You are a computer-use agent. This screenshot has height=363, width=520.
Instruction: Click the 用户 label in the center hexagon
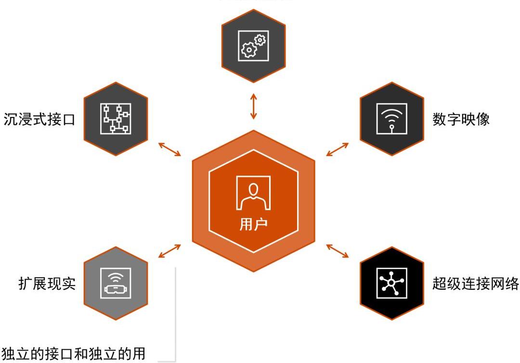[x=253, y=224]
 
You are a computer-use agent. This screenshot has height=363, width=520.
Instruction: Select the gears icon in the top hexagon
[x=253, y=45]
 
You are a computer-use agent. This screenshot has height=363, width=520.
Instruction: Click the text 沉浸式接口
[x=39, y=119]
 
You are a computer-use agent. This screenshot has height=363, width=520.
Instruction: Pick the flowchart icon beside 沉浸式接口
[x=116, y=118]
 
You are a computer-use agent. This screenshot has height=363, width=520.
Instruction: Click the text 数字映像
[x=461, y=119]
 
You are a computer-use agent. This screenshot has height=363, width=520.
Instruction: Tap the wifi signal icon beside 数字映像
[x=391, y=118]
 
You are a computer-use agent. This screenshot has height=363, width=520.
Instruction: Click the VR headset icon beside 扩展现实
[x=116, y=284]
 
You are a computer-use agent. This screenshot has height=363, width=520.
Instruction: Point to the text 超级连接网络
[x=476, y=284]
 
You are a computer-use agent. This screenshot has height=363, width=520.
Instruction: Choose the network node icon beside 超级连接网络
[x=391, y=283]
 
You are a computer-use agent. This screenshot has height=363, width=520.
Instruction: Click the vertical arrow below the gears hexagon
[x=254, y=107]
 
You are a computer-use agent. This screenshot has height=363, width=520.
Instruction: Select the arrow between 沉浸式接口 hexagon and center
[x=169, y=149]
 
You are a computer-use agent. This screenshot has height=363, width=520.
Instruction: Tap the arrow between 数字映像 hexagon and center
[x=337, y=149]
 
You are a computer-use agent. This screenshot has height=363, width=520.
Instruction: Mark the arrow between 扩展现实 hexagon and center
[x=169, y=251]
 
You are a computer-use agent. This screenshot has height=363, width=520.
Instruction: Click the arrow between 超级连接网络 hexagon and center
[x=337, y=251]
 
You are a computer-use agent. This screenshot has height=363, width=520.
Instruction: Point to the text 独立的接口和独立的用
[x=73, y=354]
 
